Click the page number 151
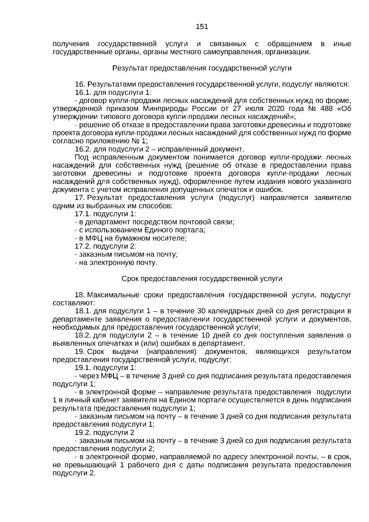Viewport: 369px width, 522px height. [202, 27]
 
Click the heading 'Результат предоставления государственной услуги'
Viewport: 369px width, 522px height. [202, 68]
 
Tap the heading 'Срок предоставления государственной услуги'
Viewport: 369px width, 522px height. [202, 279]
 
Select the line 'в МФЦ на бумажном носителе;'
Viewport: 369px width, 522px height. [131, 238]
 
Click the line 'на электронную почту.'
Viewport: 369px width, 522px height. [116, 263]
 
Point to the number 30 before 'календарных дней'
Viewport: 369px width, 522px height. [201, 311]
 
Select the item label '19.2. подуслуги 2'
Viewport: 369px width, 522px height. [105, 432]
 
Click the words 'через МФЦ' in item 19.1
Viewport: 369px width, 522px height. [98, 376]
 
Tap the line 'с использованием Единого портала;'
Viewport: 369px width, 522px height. [140, 230]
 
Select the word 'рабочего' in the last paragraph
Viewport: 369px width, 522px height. [141, 465]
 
